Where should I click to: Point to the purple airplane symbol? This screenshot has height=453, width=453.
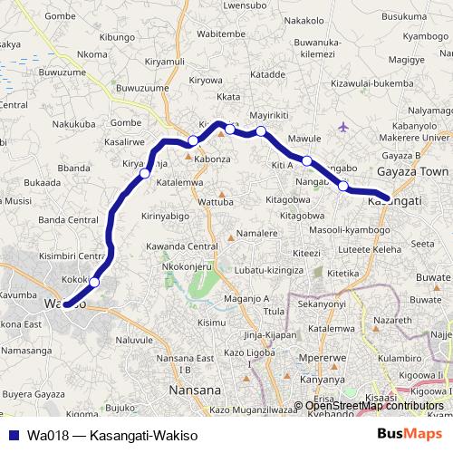[x=342, y=126]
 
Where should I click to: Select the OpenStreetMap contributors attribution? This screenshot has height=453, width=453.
[x=374, y=405]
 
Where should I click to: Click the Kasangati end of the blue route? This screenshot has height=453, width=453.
[x=387, y=198]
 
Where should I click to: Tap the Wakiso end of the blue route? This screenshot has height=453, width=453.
[x=66, y=304]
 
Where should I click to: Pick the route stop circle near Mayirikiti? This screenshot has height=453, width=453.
[x=261, y=132]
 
